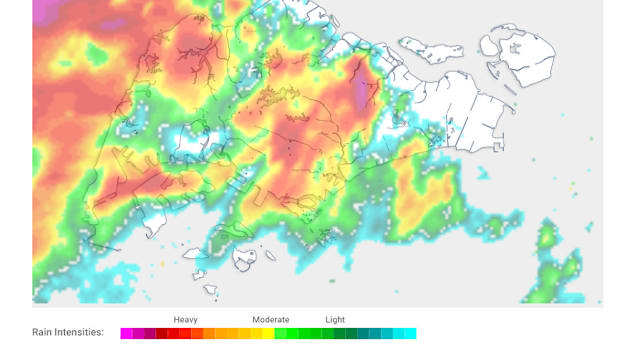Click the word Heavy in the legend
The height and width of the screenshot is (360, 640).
point(185,319)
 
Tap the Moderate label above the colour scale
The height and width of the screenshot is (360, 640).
point(271,319)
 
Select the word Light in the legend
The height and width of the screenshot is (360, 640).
point(335,319)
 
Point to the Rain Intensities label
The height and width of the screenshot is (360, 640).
point(68,333)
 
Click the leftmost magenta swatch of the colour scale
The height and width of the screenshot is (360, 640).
point(126,333)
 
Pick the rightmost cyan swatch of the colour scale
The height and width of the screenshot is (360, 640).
point(410,333)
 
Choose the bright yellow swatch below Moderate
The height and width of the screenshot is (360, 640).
point(268,333)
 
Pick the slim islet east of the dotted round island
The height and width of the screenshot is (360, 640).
point(269,256)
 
